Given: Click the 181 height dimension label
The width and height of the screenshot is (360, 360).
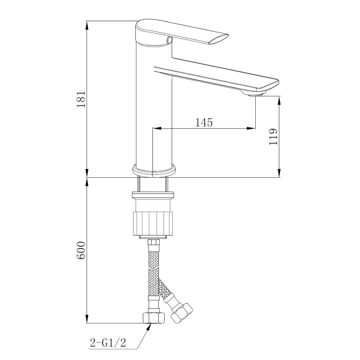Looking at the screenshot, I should pyautogui.click(x=81, y=99).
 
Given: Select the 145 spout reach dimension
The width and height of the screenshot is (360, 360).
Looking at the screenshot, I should pyautogui.click(x=204, y=122).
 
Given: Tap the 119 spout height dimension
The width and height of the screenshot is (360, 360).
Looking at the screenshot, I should pyautogui.click(x=273, y=136).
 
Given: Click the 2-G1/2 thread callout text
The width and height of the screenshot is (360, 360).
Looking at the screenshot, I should pyautogui.click(x=108, y=342).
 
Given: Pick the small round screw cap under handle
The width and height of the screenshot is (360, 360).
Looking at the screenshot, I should pyautogui.click(x=169, y=41).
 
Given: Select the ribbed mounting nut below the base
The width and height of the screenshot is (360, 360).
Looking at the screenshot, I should pyautogui.click(x=153, y=223).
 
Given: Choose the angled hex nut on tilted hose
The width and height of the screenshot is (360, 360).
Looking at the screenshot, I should pyautogui.click(x=182, y=313).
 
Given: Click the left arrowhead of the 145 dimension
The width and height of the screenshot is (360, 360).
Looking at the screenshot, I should pyautogui.click(x=157, y=128).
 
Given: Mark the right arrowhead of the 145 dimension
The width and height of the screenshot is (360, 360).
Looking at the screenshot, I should pyautogui.click(x=251, y=128).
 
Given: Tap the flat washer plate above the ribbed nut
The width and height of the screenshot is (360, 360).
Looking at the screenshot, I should pyautogui.click(x=153, y=193).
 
